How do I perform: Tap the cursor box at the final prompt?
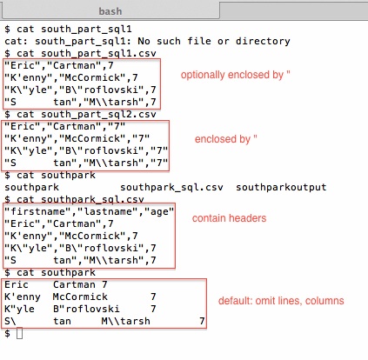tap(19, 333)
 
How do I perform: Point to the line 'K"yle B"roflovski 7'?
tap(80, 308)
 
